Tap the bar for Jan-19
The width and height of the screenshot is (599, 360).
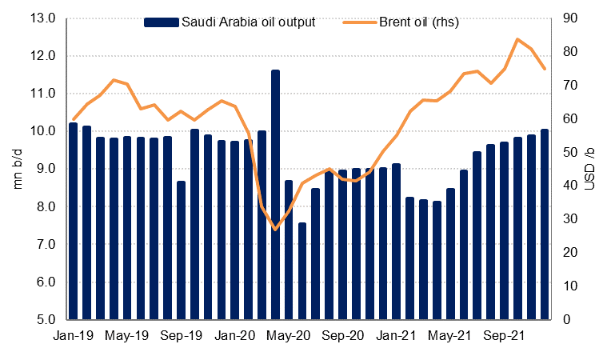pos(74,221)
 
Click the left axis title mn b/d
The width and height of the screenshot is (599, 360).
pos(18,169)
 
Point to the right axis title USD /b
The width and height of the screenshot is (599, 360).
pos(589,169)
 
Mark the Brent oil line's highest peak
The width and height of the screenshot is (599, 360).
pos(517,38)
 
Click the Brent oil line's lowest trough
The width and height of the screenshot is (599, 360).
pos(275,230)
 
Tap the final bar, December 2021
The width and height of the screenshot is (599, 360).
pos(545,224)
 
